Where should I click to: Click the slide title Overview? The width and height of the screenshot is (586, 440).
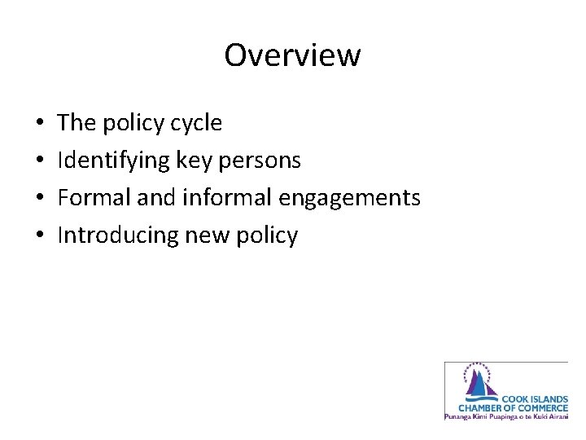[x=292, y=55]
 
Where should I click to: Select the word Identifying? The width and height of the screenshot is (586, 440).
[x=113, y=161]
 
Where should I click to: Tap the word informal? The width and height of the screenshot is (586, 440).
[x=213, y=198]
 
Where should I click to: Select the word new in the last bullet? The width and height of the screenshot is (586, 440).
[x=208, y=235]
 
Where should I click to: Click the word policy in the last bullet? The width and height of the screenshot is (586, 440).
[x=269, y=235]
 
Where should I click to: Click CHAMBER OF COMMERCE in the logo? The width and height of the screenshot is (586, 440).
[x=513, y=407]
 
